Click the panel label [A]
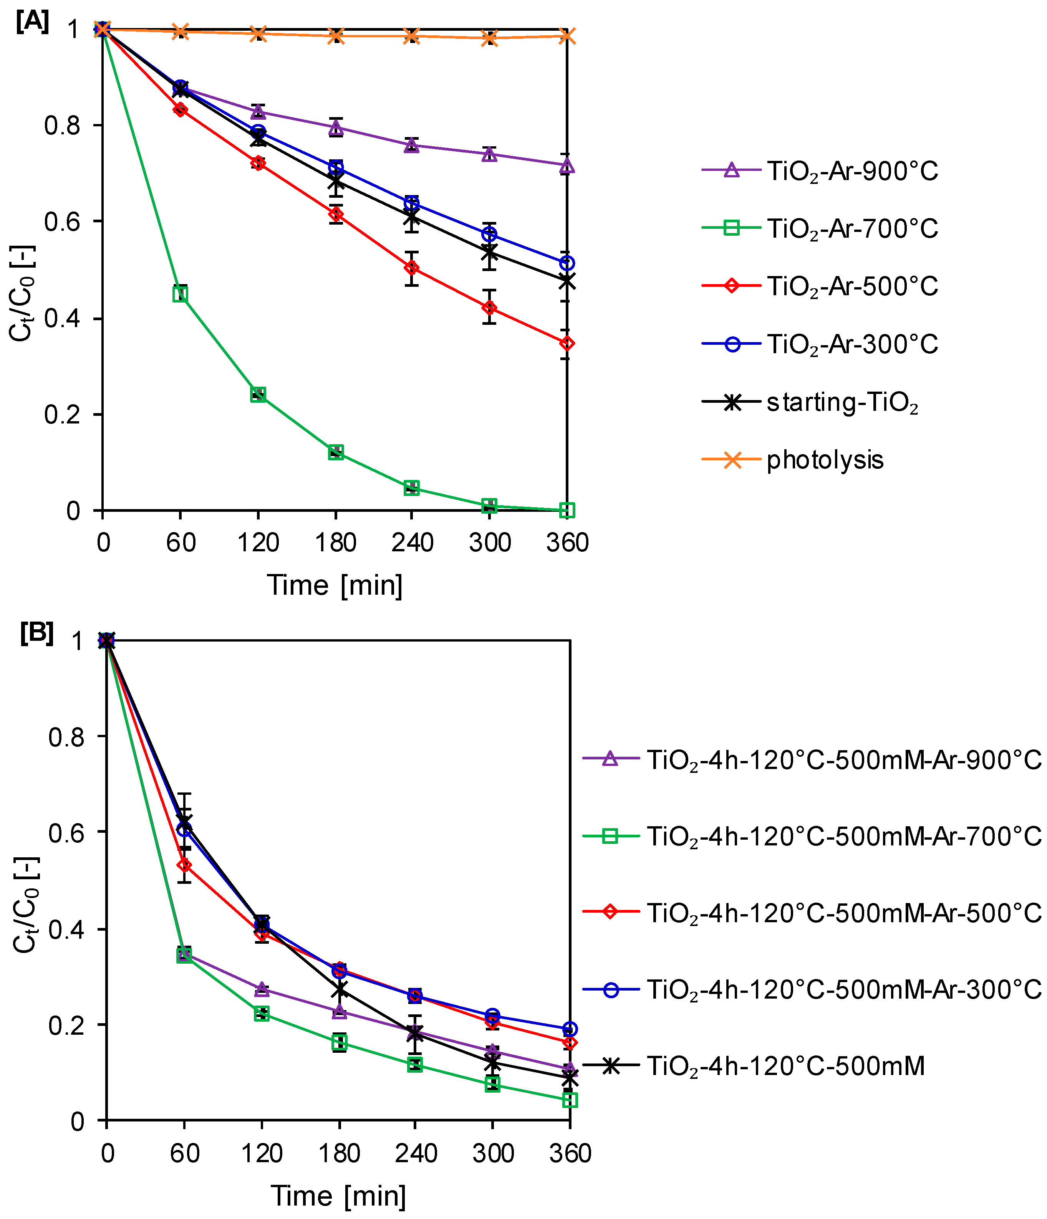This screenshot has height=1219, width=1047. pyautogui.click(x=32, y=22)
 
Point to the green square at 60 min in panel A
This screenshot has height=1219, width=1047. pyautogui.click(x=181, y=294)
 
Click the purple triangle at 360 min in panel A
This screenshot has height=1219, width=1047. pyautogui.click(x=566, y=166)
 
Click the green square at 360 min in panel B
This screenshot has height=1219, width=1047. pyautogui.click(x=569, y=1100)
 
